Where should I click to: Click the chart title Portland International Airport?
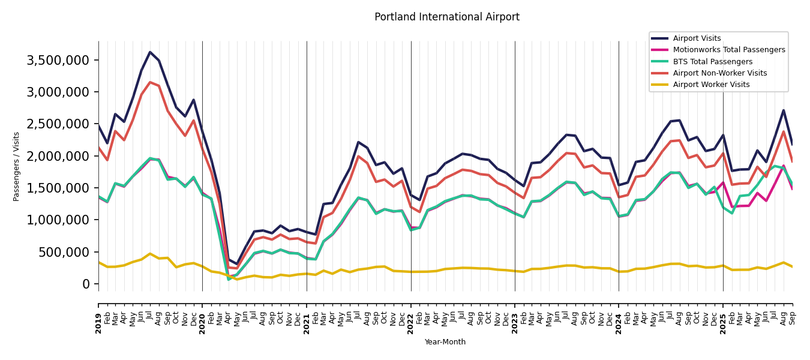446,17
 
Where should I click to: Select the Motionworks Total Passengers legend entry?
728,50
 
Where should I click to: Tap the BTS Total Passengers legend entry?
712,62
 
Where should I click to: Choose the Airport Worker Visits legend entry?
711,85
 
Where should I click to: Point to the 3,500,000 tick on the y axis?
58,60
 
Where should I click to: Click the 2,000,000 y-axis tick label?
58,156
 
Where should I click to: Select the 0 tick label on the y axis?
86,284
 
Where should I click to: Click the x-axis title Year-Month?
445,342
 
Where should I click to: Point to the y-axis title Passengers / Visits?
17,166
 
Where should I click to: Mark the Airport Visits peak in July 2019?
150,52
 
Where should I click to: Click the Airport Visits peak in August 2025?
784,110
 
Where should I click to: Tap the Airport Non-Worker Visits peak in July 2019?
150,82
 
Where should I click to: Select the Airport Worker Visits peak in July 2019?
150,254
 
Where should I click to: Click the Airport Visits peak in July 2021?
358,142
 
